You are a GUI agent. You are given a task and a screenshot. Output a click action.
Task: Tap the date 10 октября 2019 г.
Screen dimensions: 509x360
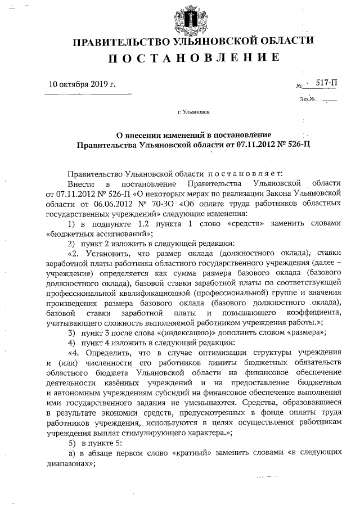point(82,85)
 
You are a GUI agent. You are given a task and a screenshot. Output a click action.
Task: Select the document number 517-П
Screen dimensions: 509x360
point(327,83)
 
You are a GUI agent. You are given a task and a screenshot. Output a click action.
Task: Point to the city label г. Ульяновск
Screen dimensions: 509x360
point(193,112)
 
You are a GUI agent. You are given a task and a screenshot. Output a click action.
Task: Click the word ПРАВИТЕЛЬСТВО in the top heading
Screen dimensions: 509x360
point(114,41)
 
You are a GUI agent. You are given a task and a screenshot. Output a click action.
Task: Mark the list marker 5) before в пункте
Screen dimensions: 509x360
point(71,443)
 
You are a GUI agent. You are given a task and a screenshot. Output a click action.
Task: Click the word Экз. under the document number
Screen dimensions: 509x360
point(305,100)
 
